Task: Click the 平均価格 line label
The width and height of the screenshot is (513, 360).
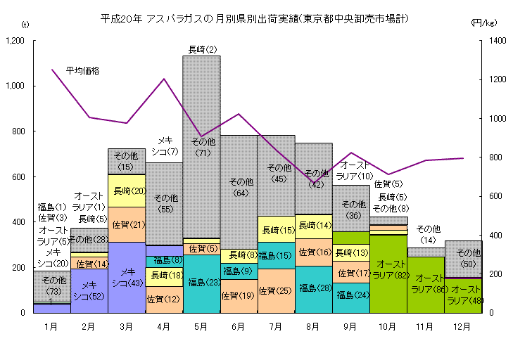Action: point(82,70)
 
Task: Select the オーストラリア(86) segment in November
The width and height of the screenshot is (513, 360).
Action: point(426,284)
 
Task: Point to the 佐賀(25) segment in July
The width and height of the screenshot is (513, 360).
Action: point(276,290)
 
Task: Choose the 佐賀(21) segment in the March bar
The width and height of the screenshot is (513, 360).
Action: point(127,224)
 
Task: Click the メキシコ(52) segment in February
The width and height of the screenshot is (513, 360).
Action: point(89,290)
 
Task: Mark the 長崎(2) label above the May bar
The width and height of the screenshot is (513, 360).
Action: point(202,49)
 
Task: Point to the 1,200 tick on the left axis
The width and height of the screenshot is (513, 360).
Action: point(14,41)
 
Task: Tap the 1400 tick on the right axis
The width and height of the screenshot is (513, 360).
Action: point(495,41)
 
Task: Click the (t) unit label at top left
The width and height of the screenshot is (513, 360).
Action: point(25,25)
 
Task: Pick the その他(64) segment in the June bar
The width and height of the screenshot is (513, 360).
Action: point(239,187)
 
